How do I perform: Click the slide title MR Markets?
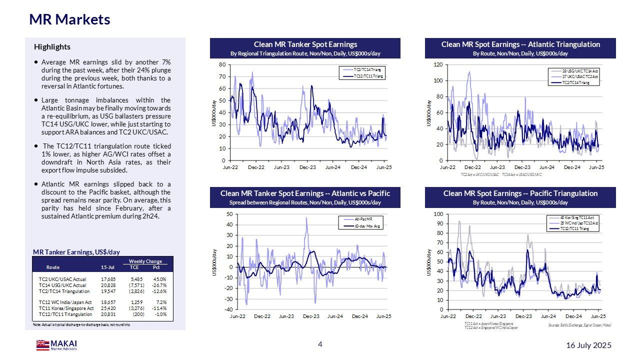[x=69, y=19]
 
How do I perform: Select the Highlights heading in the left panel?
[x=52, y=47]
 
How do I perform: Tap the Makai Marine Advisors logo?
[x=56, y=345]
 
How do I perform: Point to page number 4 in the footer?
[x=320, y=344]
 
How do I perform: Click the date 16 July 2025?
[x=588, y=345]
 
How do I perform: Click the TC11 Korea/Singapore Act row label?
[x=66, y=308]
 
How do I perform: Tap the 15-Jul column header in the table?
[x=107, y=267]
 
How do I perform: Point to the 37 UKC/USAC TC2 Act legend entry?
[x=580, y=77]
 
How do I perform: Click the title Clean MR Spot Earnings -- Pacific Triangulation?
[x=520, y=193]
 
